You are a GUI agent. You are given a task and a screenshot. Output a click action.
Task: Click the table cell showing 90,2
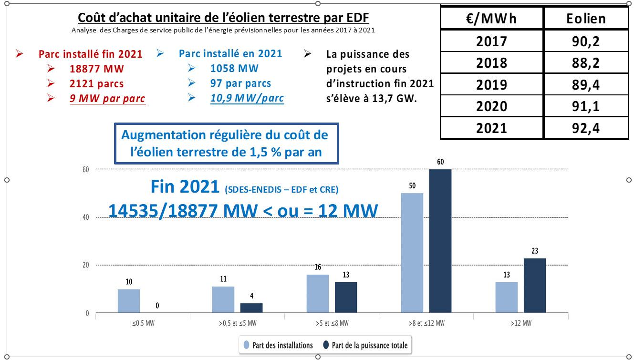(x=586, y=41)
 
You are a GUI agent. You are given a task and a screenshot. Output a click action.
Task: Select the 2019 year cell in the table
(x=492, y=84)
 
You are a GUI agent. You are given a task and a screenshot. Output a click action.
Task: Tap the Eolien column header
(x=586, y=19)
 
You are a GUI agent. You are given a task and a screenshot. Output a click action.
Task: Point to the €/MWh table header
(x=492, y=19)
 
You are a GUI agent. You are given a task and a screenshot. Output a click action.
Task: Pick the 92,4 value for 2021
(x=586, y=128)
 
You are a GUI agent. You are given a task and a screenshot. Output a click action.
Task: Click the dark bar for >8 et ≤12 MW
(x=440, y=241)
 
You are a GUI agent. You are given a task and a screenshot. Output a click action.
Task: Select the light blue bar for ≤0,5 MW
(x=129, y=301)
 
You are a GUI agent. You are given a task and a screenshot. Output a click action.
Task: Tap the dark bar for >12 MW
(x=535, y=285)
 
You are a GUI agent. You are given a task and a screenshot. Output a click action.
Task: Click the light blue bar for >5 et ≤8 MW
(x=318, y=294)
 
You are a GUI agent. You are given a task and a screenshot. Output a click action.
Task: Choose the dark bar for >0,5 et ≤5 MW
(x=251, y=308)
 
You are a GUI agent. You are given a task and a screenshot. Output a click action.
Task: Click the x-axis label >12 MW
(x=520, y=323)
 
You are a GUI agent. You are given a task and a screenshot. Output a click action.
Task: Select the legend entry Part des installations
(x=279, y=345)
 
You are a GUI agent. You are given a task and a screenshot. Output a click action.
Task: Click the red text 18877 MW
(x=96, y=69)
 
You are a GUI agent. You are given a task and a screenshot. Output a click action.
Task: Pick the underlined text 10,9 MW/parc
(x=247, y=98)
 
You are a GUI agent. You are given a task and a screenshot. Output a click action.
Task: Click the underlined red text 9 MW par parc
(x=107, y=99)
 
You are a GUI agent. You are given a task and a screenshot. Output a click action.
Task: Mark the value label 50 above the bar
(x=412, y=185)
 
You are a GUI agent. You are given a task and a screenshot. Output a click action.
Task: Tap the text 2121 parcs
(x=96, y=84)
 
